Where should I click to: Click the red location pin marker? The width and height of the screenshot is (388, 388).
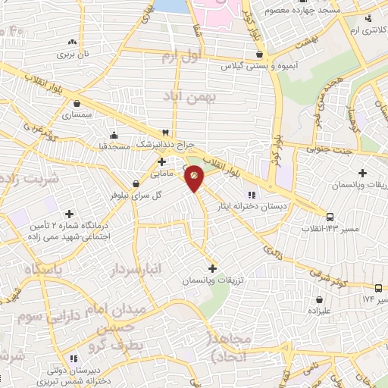pos(194,178)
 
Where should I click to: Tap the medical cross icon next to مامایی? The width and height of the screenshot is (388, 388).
pos(161,162)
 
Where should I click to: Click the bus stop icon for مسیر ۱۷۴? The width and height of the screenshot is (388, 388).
pos(378,288)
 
